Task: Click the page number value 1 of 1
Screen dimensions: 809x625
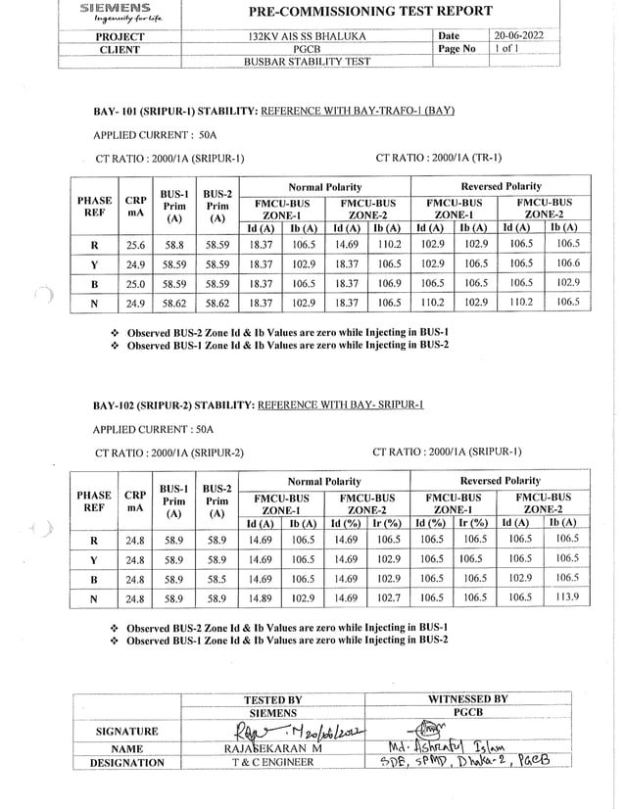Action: [512, 48]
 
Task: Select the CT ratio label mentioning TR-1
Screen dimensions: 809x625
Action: [438, 158]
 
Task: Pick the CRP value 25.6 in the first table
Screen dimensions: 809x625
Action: [135, 245]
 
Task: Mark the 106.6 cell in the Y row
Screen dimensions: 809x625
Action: [564, 264]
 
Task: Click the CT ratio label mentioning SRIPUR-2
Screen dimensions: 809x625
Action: [169, 452]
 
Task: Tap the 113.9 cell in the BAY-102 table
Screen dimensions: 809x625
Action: [564, 596]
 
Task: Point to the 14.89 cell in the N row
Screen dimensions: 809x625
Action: [259, 596]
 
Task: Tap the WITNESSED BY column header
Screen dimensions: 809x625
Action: [468, 699]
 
